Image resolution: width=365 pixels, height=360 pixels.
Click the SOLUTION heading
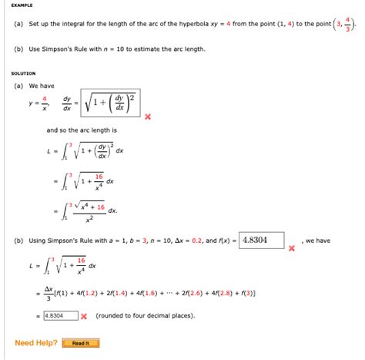(x=25, y=72)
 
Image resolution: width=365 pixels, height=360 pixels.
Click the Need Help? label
(x=34, y=343)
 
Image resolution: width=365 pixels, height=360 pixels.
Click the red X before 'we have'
(x=291, y=248)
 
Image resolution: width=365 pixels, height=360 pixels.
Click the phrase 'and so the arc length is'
(x=82, y=130)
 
